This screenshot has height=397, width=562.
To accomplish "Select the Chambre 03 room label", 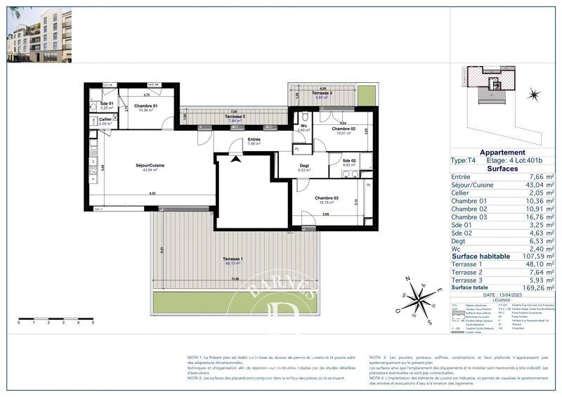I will tap(327, 198).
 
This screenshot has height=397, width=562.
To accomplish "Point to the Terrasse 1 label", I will tap(233, 261).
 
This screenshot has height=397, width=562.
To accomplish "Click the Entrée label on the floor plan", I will tap(254, 139).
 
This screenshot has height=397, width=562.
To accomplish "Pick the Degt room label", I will tap(304, 165).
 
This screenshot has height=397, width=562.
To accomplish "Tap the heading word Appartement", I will tap(502, 152).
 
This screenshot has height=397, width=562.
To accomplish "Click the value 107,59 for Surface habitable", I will tap(530, 256).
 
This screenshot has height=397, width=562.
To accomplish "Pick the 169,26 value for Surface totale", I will tap(530, 287).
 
